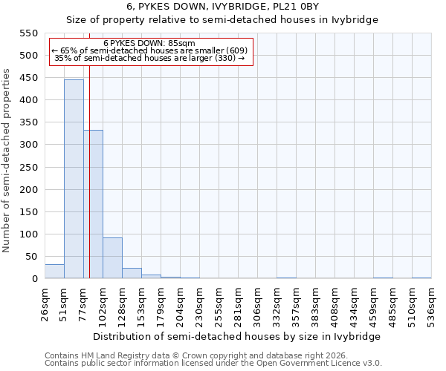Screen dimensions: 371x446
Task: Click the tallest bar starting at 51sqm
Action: pos(74,179)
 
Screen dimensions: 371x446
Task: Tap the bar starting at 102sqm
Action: pos(112,257)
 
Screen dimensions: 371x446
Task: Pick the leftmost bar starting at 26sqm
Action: pos(54,272)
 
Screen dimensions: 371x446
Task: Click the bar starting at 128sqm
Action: pos(132,273)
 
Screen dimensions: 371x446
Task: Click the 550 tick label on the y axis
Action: pos(28,33)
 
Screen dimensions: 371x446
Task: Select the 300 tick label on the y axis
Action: pos(28,145)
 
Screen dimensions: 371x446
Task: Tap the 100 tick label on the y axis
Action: pos(28,234)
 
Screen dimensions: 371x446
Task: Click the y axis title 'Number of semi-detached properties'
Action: pos(7,160)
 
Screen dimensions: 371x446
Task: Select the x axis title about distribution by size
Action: pos(239,336)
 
